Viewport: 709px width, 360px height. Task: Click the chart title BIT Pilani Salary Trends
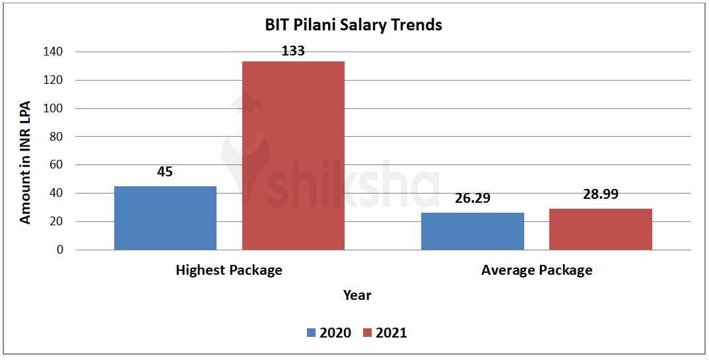tap(353, 26)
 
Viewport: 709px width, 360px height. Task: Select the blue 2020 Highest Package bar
tap(165, 218)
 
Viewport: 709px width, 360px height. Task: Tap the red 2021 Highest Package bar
tap(293, 156)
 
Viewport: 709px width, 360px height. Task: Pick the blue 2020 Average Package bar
tap(473, 231)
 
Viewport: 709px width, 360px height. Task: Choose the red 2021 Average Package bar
tap(601, 229)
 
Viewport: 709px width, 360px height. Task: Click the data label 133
tap(293, 51)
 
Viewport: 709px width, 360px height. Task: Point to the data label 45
tap(164, 172)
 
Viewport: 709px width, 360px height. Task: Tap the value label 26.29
tap(472, 198)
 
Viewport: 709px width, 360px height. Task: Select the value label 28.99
tap(601, 194)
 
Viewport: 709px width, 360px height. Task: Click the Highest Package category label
tap(229, 270)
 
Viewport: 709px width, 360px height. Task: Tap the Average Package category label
tap(537, 270)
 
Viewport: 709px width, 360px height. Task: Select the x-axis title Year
tap(357, 295)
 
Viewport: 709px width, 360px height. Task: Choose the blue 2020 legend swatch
tap(312, 333)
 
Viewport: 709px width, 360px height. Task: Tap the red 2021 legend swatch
tap(368, 333)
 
